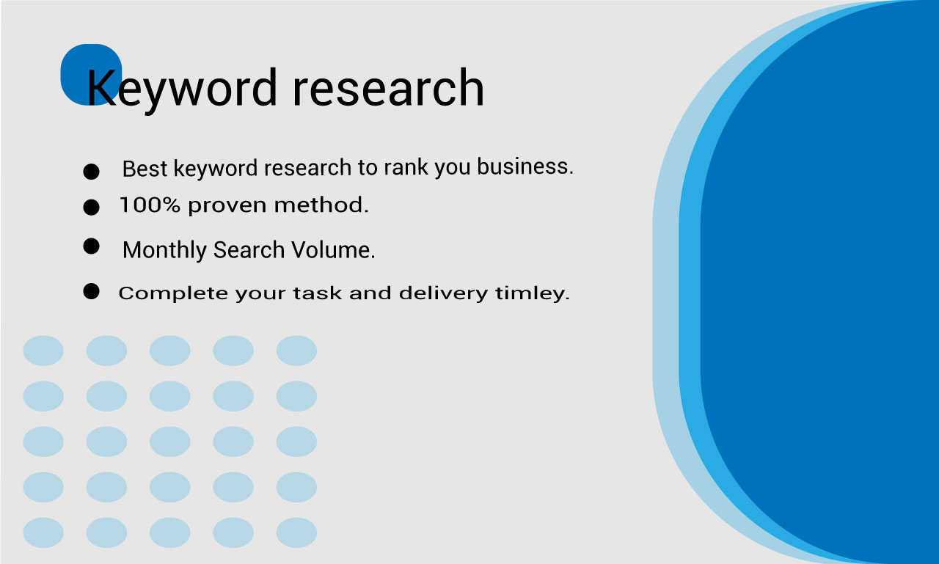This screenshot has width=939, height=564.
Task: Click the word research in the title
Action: coord(388,88)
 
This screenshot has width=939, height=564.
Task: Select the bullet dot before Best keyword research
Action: coord(91,172)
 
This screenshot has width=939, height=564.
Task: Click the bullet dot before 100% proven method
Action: coord(91,208)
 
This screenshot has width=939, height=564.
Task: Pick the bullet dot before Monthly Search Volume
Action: coord(91,246)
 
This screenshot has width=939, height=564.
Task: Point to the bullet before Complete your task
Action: coord(91,292)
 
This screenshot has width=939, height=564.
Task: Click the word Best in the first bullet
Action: coord(145,169)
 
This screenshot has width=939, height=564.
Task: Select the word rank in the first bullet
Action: coord(406,168)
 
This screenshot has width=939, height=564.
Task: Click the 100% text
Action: coord(150,206)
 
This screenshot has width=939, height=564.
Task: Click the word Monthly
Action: coord(165,251)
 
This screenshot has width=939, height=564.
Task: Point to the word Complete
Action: coord(173,294)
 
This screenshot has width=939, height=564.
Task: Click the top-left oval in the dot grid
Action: coord(43,351)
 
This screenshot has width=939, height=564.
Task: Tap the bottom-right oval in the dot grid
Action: coord(296,532)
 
